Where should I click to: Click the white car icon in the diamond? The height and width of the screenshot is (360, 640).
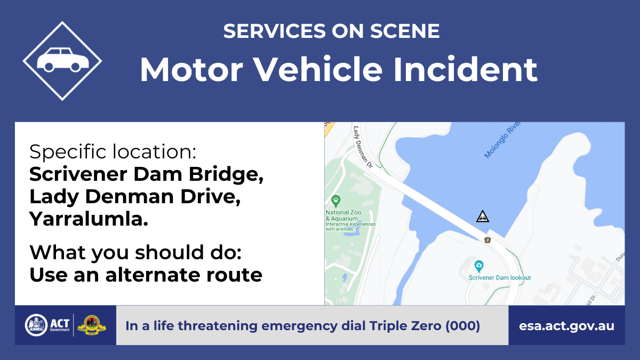[x=62, y=60]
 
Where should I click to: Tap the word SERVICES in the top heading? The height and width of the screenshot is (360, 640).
[x=275, y=31]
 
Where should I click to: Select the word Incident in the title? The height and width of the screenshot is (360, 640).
[x=466, y=70]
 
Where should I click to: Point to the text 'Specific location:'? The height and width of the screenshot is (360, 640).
[x=113, y=151]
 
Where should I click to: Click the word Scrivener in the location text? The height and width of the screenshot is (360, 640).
[x=78, y=174]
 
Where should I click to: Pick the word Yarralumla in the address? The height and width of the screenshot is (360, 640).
[x=89, y=219]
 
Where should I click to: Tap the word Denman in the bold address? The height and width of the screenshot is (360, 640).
[x=130, y=197]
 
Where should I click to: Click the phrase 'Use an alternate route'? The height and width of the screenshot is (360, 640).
[x=146, y=275]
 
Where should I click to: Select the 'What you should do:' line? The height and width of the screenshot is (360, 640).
[x=135, y=253]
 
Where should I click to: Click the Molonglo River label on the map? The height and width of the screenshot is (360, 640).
[x=502, y=140]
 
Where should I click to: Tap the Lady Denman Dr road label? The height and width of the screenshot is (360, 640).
[x=363, y=147]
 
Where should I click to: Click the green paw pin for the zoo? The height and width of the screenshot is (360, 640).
[x=335, y=201]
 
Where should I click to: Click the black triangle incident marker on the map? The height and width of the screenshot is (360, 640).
[x=483, y=217]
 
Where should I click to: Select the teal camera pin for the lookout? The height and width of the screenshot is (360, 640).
[x=479, y=266]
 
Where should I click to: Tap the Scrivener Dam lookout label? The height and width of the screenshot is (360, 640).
[x=500, y=277]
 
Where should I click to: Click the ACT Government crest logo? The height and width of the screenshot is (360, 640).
[x=36, y=325]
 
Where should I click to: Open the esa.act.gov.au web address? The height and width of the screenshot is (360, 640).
[x=566, y=326]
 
